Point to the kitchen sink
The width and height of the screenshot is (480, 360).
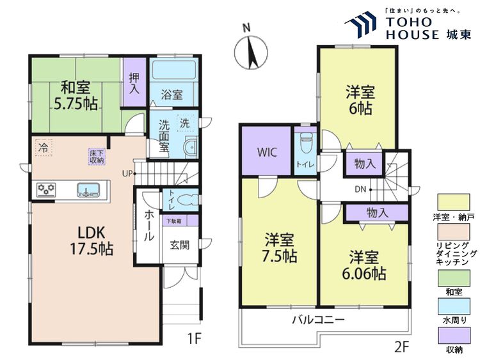88,189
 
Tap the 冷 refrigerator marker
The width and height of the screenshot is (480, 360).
43,146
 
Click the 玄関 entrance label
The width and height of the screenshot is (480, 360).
179,244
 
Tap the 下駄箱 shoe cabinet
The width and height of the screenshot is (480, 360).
174,221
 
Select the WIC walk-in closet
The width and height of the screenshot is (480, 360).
267,153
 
